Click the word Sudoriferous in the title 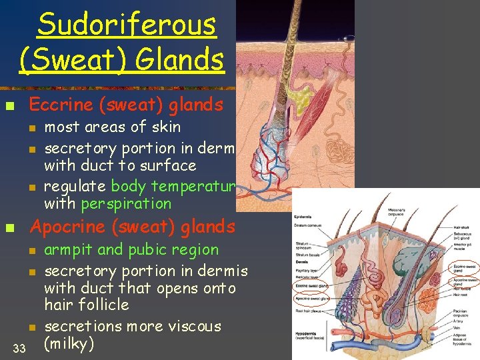click(x=127, y=25)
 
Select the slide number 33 click(x=19, y=347)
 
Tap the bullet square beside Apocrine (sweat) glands click(x=9, y=228)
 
